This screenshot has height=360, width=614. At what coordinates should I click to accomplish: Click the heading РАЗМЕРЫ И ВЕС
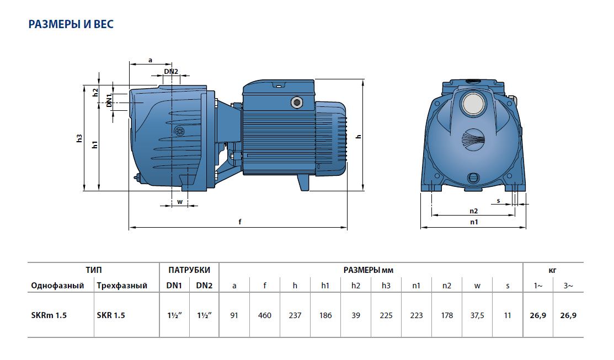click(x=71, y=25)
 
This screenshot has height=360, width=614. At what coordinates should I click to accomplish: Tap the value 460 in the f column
click(x=265, y=316)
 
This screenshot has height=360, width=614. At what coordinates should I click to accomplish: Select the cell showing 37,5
click(x=477, y=316)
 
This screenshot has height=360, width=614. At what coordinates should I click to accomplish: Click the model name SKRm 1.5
click(x=46, y=316)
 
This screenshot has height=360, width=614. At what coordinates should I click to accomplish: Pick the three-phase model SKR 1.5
click(x=110, y=316)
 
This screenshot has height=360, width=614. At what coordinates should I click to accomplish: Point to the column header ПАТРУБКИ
click(x=189, y=270)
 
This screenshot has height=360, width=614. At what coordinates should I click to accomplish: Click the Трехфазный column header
click(x=122, y=286)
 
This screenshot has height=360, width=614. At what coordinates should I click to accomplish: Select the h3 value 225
click(x=386, y=316)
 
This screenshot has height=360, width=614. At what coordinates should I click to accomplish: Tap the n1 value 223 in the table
click(x=417, y=316)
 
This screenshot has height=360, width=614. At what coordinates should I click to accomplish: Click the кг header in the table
click(x=553, y=270)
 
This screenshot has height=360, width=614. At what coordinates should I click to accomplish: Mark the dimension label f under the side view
click(x=239, y=222)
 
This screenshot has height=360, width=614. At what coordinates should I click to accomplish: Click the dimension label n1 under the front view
click(x=473, y=222)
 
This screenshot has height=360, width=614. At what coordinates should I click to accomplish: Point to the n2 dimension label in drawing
click(x=473, y=211)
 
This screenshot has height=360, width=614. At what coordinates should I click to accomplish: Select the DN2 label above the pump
click(x=171, y=72)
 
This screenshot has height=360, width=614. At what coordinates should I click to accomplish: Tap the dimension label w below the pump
click(x=180, y=202)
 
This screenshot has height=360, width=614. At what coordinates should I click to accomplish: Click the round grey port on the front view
click(x=472, y=104)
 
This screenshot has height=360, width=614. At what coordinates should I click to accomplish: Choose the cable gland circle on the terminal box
click(x=297, y=103)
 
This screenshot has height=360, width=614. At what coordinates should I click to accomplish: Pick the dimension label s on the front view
click(x=498, y=201)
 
